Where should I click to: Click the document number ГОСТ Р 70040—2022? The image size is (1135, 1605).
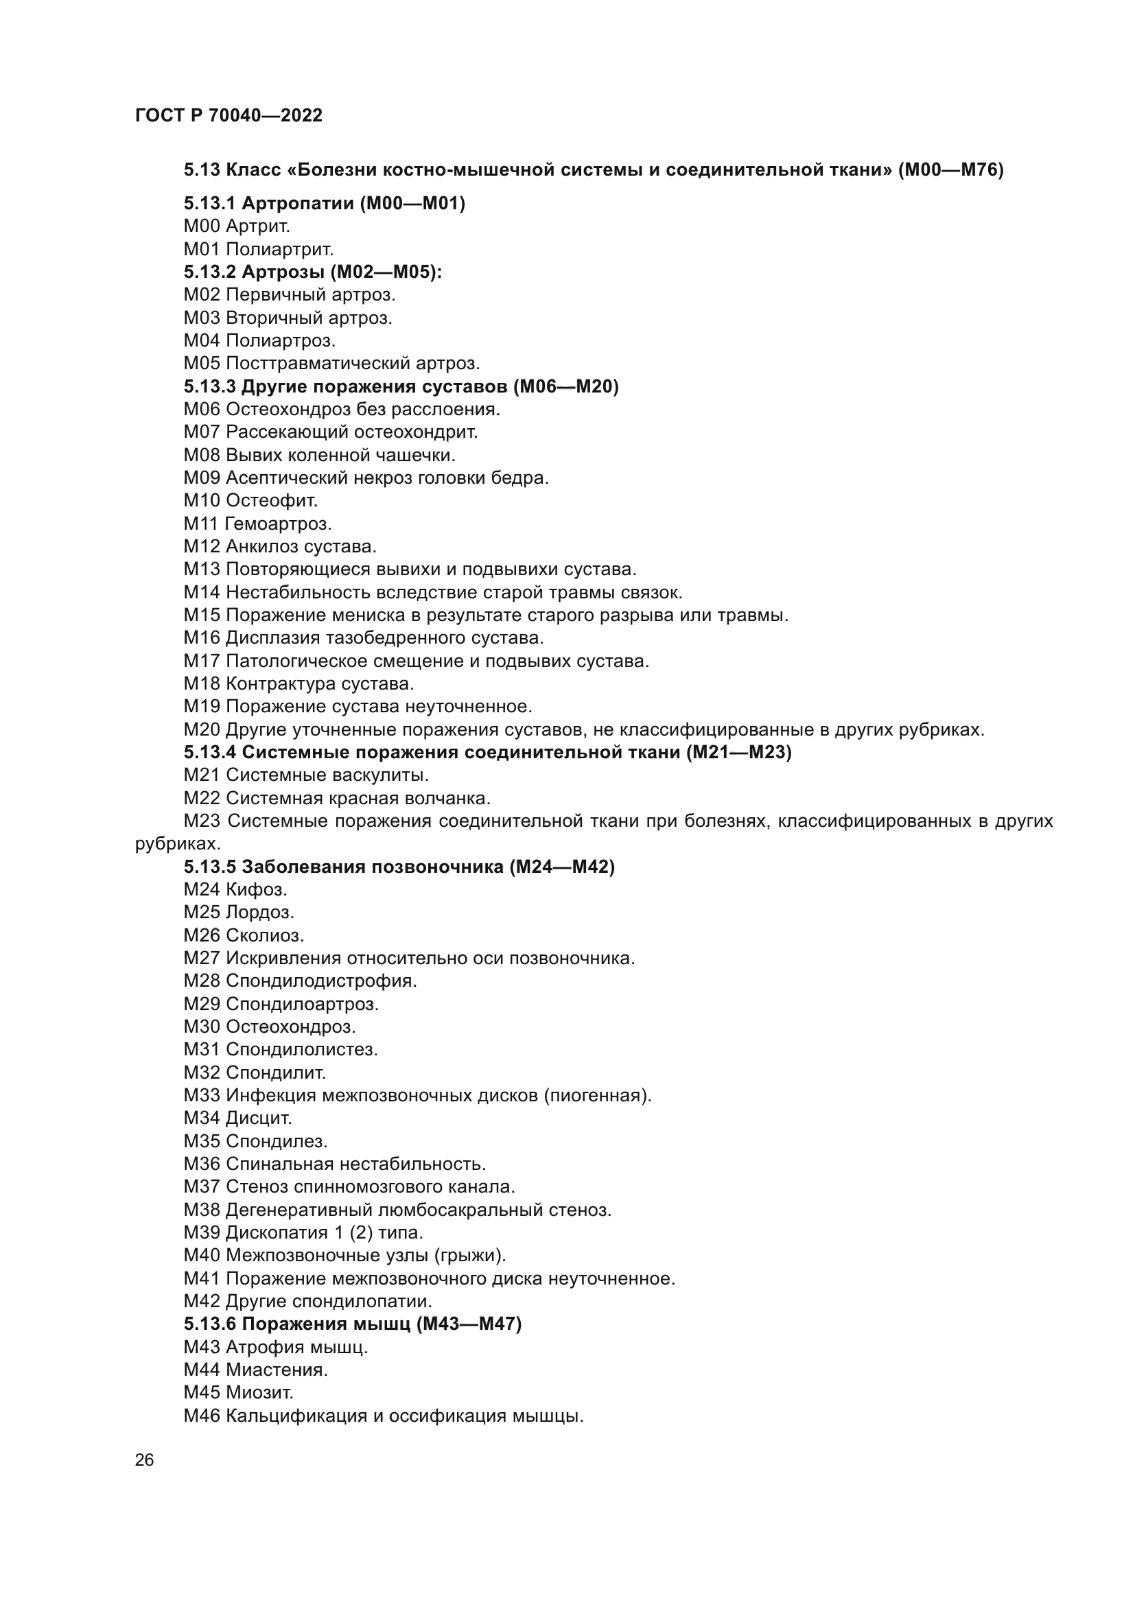click(x=229, y=115)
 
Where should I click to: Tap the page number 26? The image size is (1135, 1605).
click(x=145, y=1460)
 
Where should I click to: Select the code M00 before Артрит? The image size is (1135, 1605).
click(x=202, y=226)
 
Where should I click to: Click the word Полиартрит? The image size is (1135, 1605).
click(x=279, y=249)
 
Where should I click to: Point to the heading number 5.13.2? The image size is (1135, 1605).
click(x=210, y=272)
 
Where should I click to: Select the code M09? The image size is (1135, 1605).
click(x=202, y=478)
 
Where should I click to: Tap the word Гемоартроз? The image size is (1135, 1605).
click(x=278, y=524)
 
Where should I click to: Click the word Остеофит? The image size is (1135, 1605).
click(x=272, y=500)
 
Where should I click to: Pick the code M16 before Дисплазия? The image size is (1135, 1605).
click(x=202, y=638)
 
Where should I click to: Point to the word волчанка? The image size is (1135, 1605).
click(x=454, y=798)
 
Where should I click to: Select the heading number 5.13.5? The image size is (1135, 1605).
click(x=210, y=867)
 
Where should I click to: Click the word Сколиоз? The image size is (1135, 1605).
click(x=265, y=935)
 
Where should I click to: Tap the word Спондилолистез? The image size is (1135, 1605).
click(x=302, y=1049)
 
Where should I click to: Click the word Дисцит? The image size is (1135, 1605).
click(x=259, y=1118)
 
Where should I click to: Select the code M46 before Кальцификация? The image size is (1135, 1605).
click(x=202, y=1416)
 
